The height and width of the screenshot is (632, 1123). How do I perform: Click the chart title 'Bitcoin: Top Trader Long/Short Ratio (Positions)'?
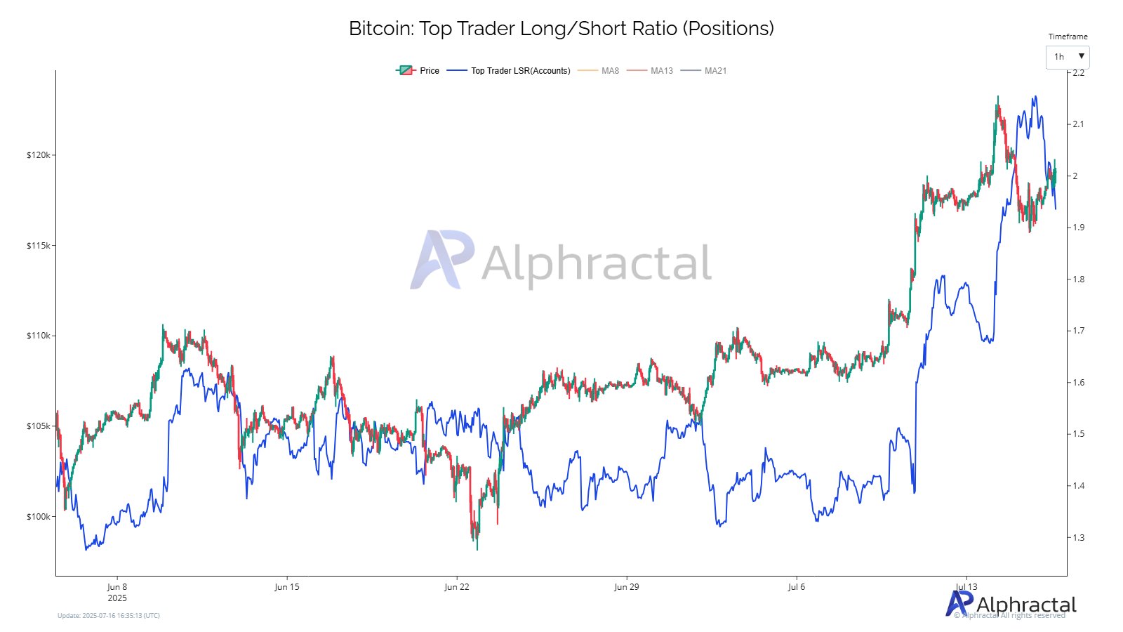pyautogui.click(x=561, y=29)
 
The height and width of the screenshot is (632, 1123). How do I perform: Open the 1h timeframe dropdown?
pyautogui.click(x=1068, y=57)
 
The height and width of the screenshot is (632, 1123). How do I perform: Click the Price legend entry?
pyautogui.click(x=418, y=71)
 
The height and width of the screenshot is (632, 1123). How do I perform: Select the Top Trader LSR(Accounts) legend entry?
pyautogui.click(x=510, y=71)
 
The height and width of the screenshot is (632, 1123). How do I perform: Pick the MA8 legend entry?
pyautogui.click(x=599, y=71)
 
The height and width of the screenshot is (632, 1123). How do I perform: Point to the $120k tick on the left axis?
pyautogui.click(x=39, y=155)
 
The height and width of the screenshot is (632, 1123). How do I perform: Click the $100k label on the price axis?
pyautogui.click(x=39, y=517)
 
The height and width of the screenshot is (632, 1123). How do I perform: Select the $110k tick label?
pyautogui.click(x=39, y=336)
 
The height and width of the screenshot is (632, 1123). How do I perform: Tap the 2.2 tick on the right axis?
pyautogui.click(x=1078, y=73)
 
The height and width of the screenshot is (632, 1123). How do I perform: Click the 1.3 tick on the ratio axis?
pyautogui.click(x=1078, y=538)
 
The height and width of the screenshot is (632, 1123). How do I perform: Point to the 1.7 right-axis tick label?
pyautogui.click(x=1078, y=331)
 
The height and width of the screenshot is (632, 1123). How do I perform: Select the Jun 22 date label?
pyautogui.click(x=456, y=587)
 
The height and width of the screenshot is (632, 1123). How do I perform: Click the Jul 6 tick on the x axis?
pyautogui.click(x=797, y=587)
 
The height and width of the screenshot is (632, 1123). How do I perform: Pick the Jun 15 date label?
pyautogui.click(x=286, y=587)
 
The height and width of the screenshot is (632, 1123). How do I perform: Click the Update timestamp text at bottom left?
pyautogui.click(x=109, y=616)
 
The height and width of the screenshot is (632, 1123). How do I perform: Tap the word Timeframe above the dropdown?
pyautogui.click(x=1068, y=37)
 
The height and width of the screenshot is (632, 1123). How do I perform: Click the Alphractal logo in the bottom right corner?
pyautogui.click(x=1011, y=604)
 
